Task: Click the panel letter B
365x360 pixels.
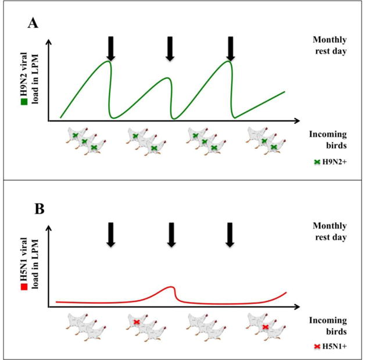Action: click(33, 208)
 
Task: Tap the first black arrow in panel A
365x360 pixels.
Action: click(110, 49)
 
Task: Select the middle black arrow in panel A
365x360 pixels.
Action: click(170, 49)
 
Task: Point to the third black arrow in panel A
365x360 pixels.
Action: click(230, 49)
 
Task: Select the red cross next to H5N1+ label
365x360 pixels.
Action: click(317, 347)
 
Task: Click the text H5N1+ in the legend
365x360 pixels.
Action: click(337, 347)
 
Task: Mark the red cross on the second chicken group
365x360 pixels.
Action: click(137, 322)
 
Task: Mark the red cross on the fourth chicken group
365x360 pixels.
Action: click(265, 327)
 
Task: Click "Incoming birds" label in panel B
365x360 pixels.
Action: click(330, 326)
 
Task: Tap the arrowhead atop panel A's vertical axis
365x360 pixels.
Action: click(49, 41)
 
